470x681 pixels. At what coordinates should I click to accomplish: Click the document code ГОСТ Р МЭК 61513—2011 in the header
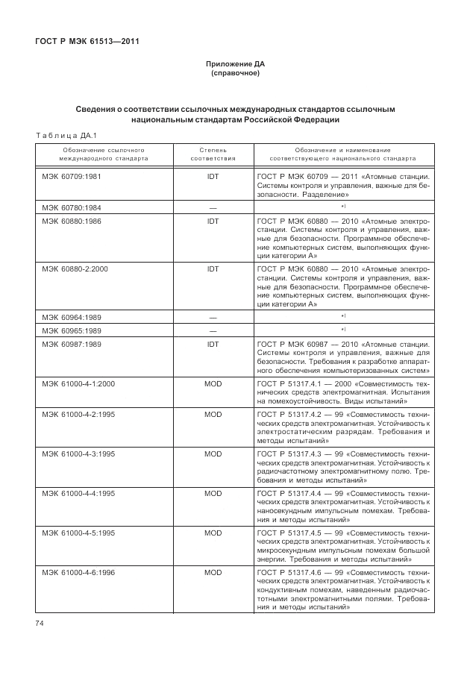(87, 40)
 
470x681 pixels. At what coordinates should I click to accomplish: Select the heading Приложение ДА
(235, 64)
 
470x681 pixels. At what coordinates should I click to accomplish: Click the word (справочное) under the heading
(235, 73)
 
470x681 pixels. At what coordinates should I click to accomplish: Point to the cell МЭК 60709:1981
(72, 177)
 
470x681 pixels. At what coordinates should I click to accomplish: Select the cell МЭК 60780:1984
(72, 206)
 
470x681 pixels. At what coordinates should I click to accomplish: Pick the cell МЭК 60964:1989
(72, 316)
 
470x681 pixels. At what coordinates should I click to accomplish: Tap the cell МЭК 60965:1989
(72, 330)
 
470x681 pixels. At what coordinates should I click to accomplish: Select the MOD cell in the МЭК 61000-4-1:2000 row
(213, 383)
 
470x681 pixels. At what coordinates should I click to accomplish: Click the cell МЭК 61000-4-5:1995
(78, 533)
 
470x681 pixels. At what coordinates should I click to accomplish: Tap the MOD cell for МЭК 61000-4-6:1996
(213, 572)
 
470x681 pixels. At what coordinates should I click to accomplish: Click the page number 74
(40, 622)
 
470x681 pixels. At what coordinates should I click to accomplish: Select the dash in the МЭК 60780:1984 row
(213, 207)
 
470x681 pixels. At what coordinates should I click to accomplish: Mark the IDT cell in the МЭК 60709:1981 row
(213, 177)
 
